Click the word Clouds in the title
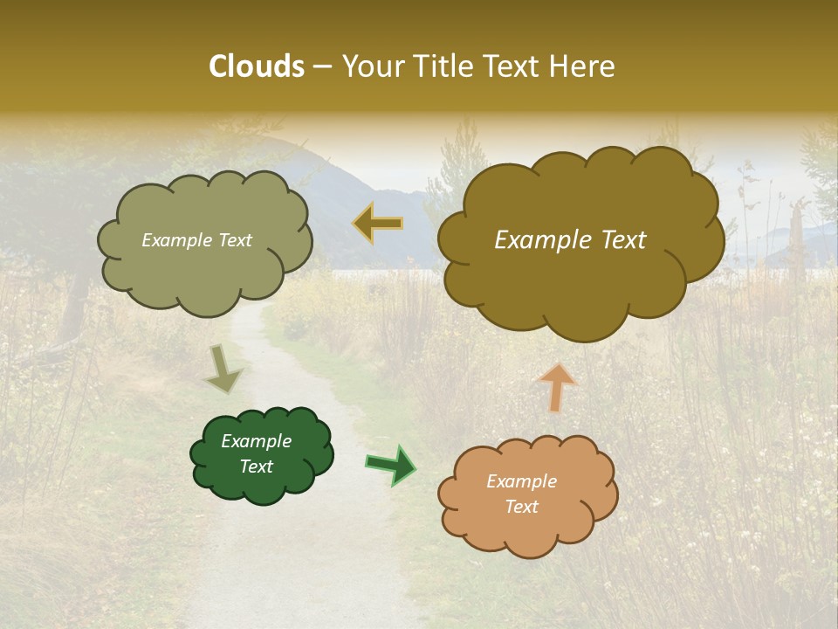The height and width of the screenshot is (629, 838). coord(257,66)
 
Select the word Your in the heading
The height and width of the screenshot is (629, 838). coord(373,66)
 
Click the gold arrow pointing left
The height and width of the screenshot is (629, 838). coord(378,224)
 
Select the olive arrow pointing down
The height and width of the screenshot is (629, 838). coord(223,369)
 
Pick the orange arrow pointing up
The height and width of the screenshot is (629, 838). coord(557,387)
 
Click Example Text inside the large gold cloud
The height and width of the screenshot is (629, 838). coord(570,240)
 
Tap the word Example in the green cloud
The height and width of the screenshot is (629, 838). coord(256,441)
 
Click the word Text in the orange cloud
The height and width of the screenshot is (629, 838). coord(522,507)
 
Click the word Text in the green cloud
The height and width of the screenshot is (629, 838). coord(256,467)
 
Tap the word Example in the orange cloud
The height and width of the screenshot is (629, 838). coord(521,481)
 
